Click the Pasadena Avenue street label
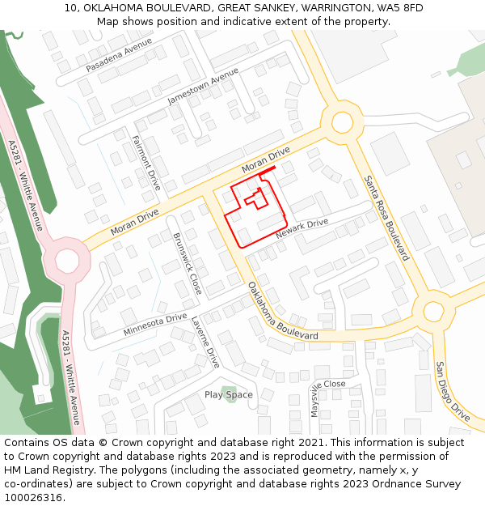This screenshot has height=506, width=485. (119, 56)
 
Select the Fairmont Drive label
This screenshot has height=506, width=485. (146, 162)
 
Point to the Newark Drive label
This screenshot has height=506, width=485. (302, 228)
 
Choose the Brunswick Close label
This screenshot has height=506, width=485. (187, 263)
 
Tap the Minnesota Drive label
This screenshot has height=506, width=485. (155, 325)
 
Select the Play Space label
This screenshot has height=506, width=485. (228, 395)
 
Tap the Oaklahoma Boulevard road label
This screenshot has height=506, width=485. (282, 311)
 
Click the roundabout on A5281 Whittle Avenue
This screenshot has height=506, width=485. (67, 260)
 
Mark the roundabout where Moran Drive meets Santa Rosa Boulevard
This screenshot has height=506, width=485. (341, 122)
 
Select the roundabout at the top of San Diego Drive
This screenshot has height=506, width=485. (433, 311)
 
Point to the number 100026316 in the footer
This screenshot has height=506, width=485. (32, 497)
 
